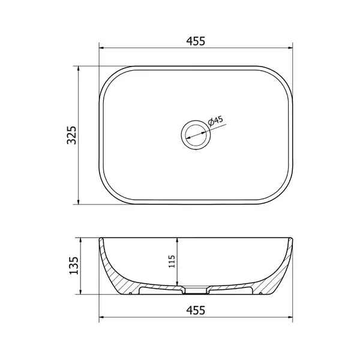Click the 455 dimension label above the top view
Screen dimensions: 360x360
[196, 41]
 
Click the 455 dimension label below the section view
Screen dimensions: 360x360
[196, 310]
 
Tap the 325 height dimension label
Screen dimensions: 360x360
[71, 135]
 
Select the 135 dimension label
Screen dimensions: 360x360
[74, 266]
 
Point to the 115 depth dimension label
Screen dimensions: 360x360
[172, 261]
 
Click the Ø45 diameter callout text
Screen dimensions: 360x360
[215, 121]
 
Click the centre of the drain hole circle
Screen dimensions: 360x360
[196, 135]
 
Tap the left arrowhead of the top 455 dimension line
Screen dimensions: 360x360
[101, 48]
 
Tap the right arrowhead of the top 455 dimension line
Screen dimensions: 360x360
[290, 48]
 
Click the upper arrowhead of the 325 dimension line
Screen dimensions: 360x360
[78, 68]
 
